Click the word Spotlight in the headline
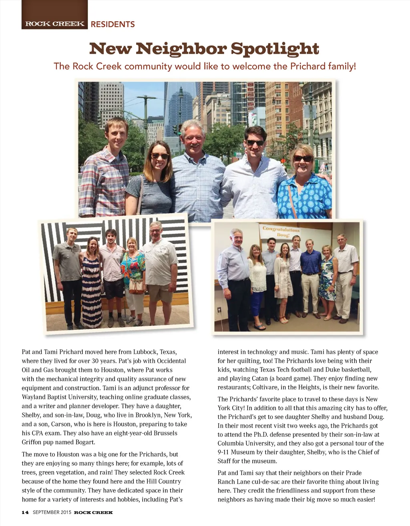(275, 49)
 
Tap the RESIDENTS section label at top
(113, 24)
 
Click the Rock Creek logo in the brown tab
(55, 24)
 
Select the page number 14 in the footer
(25, 512)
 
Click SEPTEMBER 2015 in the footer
(52, 512)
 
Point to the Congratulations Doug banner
(281, 232)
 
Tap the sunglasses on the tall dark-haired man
(255, 143)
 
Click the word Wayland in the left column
(34, 397)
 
